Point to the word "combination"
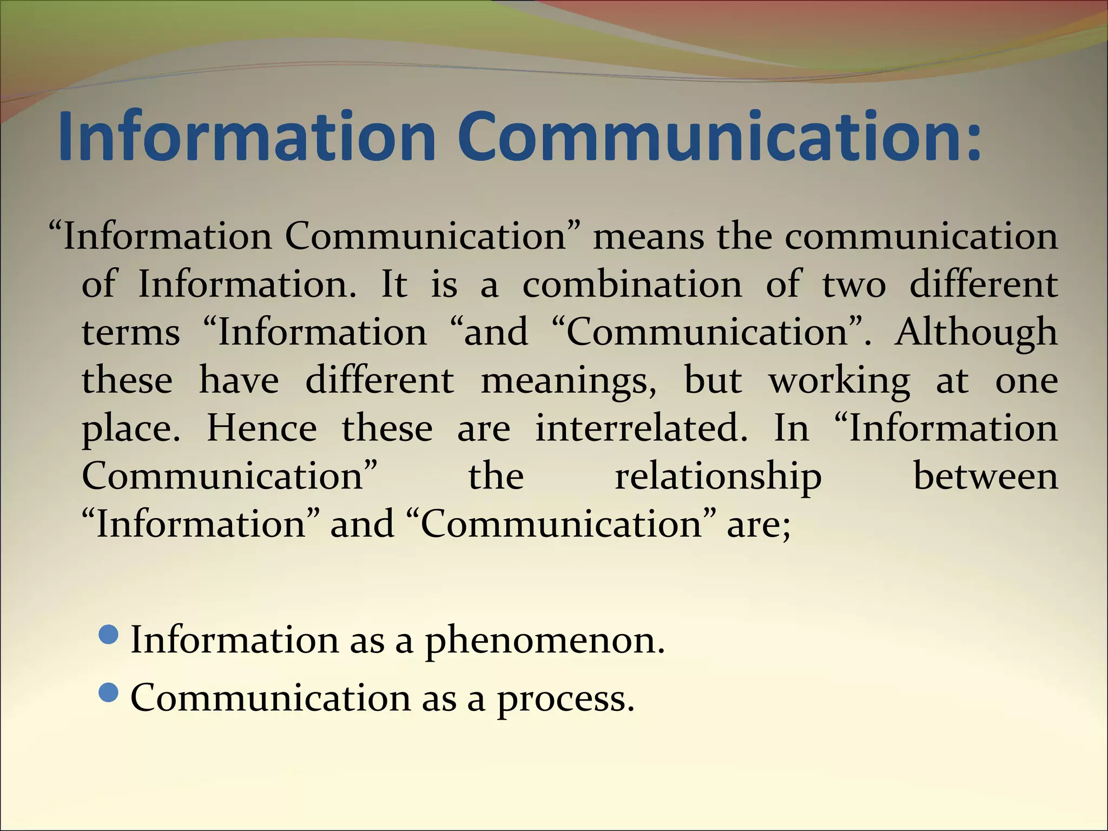[x=632, y=285]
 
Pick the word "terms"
[x=131, y=333]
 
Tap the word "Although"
[x=976, y=333]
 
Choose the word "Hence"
[x=262, y=428]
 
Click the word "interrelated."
[x=642, y=428]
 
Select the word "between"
[x=985, y=477]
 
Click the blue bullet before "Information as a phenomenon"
[x=109, y=635]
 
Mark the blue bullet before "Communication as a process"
[x=109, y=692]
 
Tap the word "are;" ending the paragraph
[x=759, y=525]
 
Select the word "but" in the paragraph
[x=713, y=380]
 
